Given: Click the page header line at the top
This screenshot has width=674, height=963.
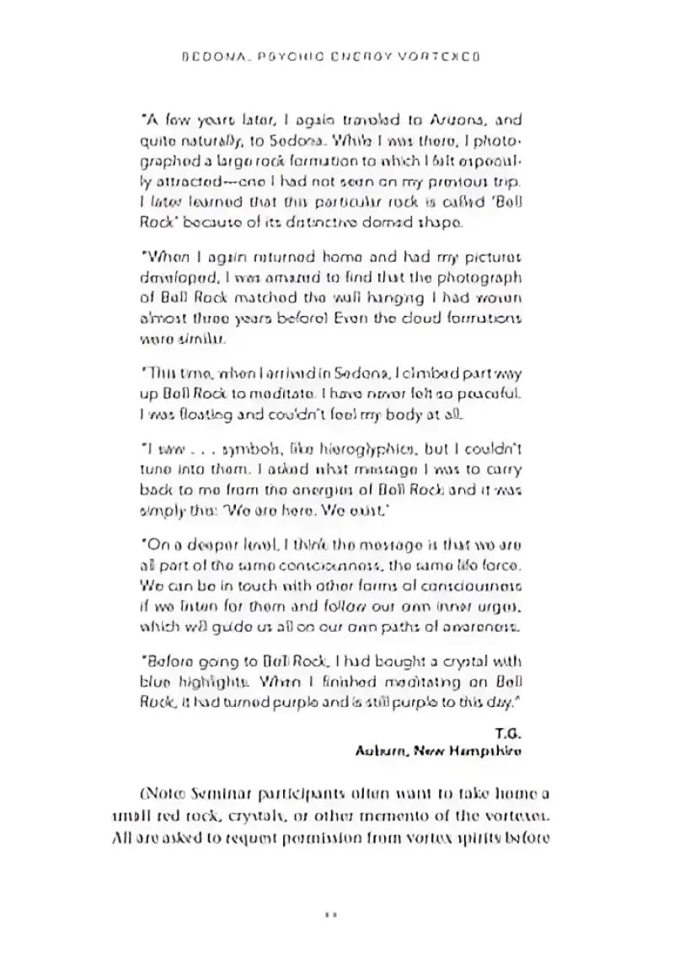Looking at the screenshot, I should coord(336,62).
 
